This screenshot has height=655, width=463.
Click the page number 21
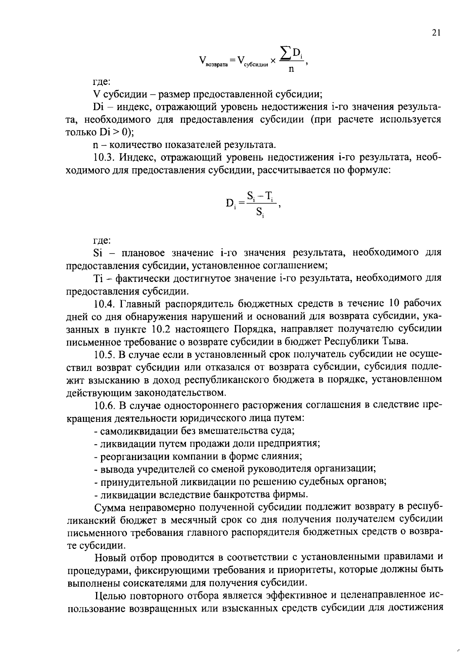point(436,33)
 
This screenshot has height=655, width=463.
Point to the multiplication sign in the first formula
point(273,61)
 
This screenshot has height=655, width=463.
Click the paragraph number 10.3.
point(104,157)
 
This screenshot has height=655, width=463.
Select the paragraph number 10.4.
point(104,304)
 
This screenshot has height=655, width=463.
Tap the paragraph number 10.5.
point(104,354)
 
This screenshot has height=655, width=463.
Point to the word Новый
point(107,557)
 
